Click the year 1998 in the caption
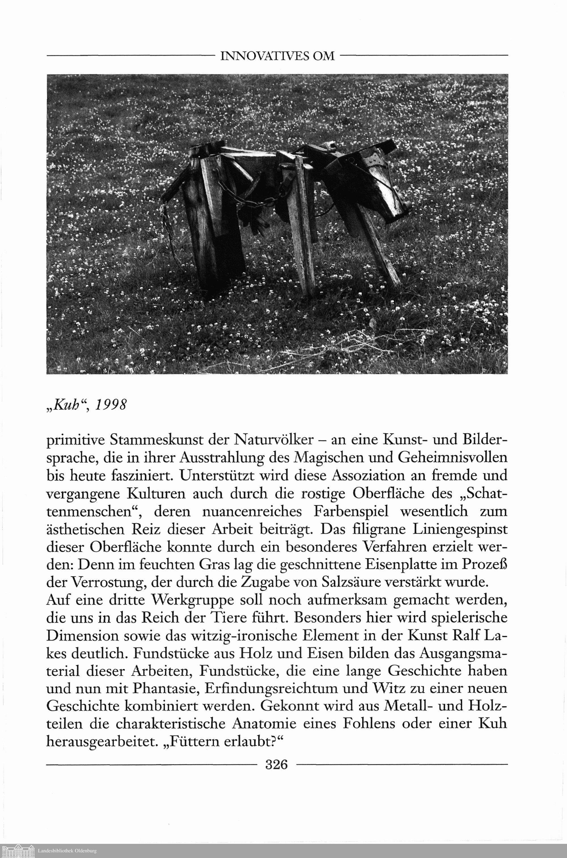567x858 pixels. (111, 405)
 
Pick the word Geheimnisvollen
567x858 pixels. (453, 458)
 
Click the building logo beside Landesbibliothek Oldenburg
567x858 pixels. (18, 850)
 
